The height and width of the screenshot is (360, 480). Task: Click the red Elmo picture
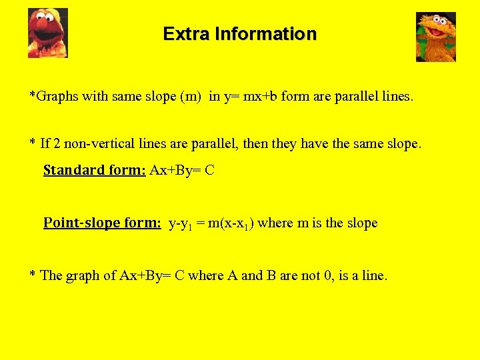[x=47, y=33]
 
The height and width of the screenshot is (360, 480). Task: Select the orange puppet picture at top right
[x=435, y=37]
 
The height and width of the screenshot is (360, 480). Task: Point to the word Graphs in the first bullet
[x=57, y=96]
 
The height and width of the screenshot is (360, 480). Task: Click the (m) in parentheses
[x=191, y=96]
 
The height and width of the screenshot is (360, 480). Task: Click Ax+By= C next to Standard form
[x=182, y=170]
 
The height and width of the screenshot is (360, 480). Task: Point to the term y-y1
[x=182, y=223]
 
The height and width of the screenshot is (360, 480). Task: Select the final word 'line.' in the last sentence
[x=373, y=275]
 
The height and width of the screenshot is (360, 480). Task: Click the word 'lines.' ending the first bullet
[x=398, y=96]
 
